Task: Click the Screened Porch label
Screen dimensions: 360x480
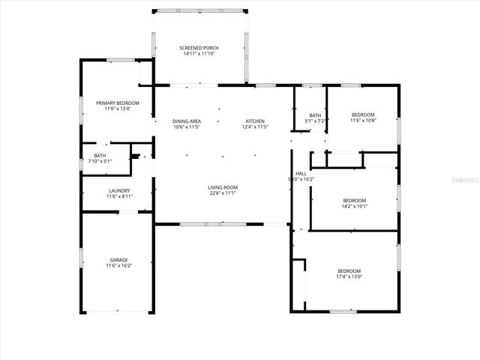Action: (199, 47)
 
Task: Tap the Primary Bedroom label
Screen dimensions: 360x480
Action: (112, 102)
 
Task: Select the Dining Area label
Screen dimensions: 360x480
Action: (187, 121)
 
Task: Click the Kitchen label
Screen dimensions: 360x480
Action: (255, 121)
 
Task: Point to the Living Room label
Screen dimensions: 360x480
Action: (223, 187)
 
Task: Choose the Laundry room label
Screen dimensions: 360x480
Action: (119, 190)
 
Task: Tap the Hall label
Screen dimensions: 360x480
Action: (301, 173)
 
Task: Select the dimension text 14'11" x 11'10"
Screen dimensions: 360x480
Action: (199, 53)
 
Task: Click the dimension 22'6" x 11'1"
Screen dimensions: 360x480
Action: (223, 193)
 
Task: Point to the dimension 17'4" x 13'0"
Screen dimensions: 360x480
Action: (349, 277)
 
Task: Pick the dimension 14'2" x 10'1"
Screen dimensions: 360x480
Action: (355, 206)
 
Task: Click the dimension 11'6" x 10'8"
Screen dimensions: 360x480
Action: (363, 120)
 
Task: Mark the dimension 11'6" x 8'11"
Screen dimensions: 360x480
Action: (119, 196)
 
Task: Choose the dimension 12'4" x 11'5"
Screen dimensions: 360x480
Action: (255, 127)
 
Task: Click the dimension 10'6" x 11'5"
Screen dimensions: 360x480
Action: (187, 127)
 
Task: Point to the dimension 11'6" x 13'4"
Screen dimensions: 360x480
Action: (112, 108)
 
